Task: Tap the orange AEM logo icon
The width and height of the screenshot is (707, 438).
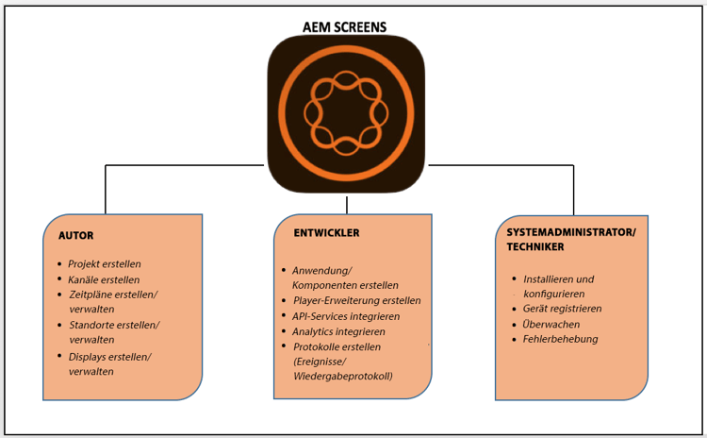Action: (346, 113)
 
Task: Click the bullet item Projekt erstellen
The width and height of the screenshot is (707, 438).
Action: (105, 263)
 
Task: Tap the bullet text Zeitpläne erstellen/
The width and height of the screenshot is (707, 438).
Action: (112, 295)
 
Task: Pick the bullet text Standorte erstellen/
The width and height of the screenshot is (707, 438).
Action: (114, 325)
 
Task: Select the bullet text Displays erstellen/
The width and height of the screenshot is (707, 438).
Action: (110, 356)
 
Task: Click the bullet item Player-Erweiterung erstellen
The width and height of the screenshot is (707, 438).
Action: (356, 300)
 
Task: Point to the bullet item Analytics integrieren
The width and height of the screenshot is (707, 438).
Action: (338, 331)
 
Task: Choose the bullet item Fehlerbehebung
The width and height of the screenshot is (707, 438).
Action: (560, 339)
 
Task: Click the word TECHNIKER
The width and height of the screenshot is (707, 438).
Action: (532, 247)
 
